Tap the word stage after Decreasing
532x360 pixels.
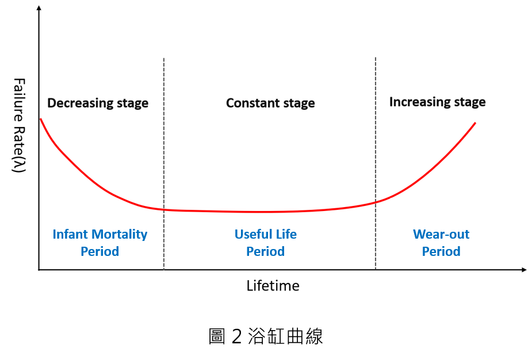pos(130,104)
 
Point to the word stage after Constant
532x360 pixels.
pos(297,104)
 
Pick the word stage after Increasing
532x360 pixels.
pos(467,102)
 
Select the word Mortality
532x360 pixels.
pos(119,234)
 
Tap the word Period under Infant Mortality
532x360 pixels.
pos(99,251)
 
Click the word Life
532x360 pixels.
pos(286,234)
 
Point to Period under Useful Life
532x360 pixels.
pos(265,251)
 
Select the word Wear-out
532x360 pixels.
pos(441,234)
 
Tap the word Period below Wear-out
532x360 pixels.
pos(441,251)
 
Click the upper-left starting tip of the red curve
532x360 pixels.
pos(41,119)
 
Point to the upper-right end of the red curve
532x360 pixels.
pos(476,122)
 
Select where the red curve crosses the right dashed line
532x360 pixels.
pos(376,202)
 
